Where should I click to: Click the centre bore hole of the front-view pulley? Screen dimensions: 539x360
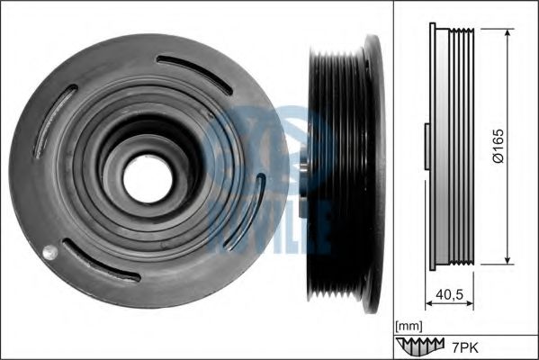click(x=148, y=179)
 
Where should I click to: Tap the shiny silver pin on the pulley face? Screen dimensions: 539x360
click(x=49, y=252)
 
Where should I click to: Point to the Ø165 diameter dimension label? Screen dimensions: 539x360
click(x=499, y=146)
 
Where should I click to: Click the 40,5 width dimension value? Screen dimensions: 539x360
click(x=450, y=294)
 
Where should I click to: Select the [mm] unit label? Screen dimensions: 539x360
click(x=409, y=326)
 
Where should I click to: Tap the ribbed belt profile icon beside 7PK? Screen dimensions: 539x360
click(x=419, y=346)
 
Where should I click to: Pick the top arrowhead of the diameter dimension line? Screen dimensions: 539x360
click(x=508, y=32)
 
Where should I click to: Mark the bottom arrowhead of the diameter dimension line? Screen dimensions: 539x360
click(x=508, y=260)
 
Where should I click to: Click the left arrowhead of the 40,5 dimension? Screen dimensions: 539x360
click(x=430, y=303)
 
